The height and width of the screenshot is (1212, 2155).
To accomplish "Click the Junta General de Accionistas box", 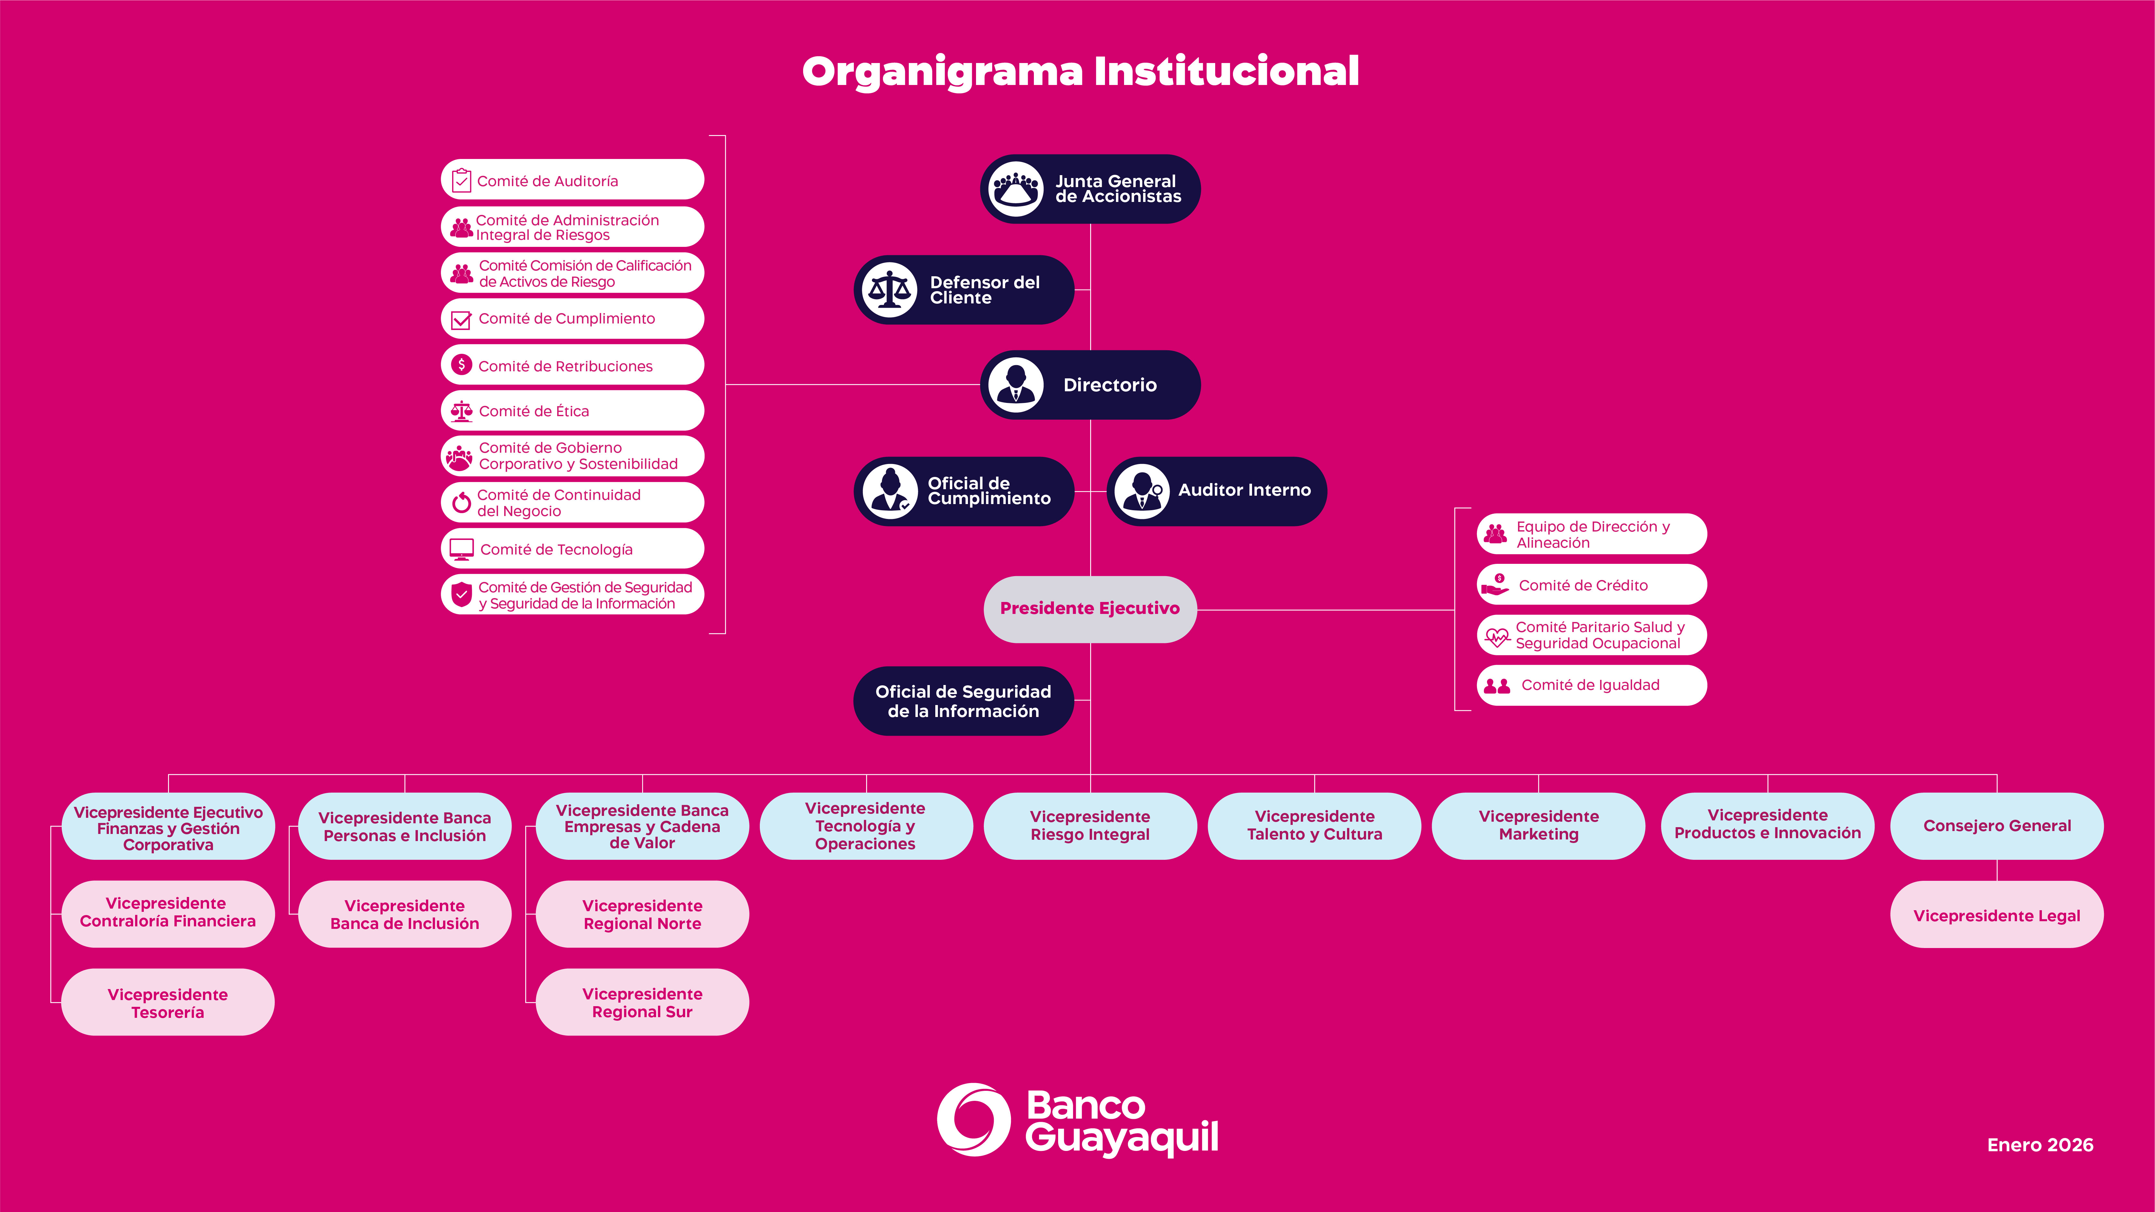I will pos(1090,189).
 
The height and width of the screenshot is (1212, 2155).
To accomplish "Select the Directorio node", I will pos(1090,385).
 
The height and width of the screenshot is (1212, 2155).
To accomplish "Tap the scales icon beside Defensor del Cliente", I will pos(889,290).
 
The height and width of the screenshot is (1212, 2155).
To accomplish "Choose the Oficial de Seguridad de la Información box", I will pos(963,701).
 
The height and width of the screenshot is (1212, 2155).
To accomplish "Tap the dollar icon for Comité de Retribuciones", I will pos(461,365).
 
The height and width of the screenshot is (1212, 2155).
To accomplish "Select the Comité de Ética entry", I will pos(572,411).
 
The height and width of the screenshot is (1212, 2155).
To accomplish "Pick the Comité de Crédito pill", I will pos(1591,585).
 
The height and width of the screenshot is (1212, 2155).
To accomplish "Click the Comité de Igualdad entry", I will pos(1591,685).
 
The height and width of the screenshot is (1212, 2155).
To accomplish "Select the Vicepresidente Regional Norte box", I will pos(642,914).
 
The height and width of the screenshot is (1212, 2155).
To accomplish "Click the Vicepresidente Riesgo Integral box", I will pos(1090,826).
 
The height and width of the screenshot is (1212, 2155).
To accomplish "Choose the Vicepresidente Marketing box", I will pos(1538,826).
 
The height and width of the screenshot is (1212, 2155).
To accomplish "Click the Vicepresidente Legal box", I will pos(1996,915).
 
